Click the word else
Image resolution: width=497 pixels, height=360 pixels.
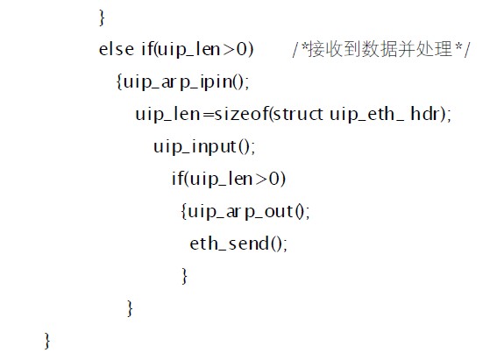116,49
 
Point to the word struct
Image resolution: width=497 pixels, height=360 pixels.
298,114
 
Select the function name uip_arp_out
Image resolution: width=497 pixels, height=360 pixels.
240,211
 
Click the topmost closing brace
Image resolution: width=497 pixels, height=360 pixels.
102,18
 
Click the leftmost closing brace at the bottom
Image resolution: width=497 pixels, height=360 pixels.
47,341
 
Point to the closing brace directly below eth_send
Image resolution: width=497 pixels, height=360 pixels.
184,276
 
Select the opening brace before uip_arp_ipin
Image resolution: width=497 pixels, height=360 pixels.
119,82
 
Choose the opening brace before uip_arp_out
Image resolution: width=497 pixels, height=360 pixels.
184,211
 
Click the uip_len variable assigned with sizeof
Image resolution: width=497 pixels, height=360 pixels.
167,114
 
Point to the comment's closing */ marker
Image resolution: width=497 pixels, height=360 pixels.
463,49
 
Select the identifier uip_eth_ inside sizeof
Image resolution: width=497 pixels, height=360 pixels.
367,114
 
